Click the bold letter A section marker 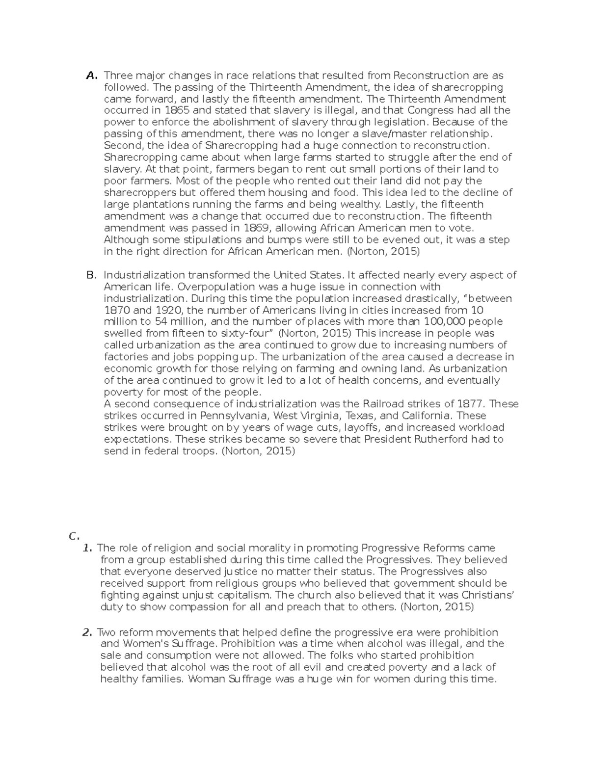click(x=91, y=76)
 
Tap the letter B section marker click(x=91, y=275)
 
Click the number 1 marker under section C click(x=88, y=548)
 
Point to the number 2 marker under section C click(x=88, y=632)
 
